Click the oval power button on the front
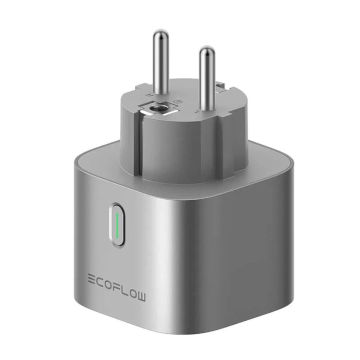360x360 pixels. [116, 225]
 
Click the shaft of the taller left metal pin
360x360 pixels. [160, 65]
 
